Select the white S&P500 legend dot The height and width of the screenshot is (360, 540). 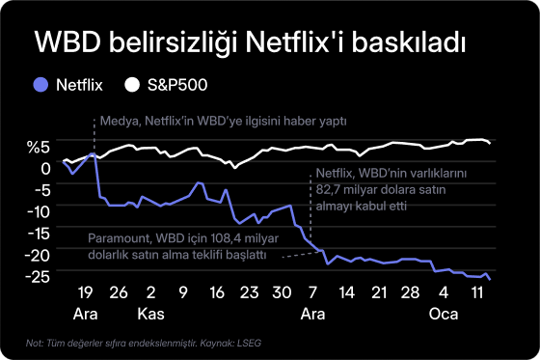click(x=133, y=85)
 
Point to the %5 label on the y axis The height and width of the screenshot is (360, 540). click(x=38, y=147)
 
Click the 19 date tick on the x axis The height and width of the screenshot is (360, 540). click(x=84, y=292)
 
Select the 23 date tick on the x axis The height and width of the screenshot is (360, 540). click(x=250, y=292)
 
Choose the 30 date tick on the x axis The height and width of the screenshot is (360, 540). click(x=282, y=292)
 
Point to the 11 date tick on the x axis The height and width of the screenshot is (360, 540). click(x=476, y=292)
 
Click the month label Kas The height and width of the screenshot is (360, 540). click(x=150, y=315)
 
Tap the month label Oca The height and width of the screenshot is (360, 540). click(x=444, y=315)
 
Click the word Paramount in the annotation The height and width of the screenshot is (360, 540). click(x=121, y=237)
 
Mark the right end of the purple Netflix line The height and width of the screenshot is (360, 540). click(x=490, y=280)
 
